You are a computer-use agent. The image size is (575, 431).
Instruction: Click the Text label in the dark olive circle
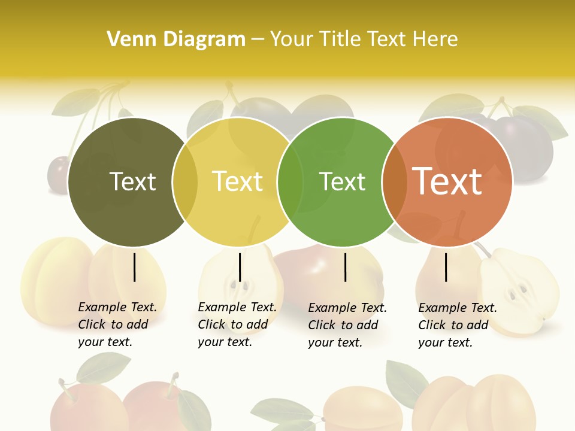132,181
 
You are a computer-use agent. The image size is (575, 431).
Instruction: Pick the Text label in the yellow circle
237,181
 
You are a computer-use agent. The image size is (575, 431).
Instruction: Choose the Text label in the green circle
342,181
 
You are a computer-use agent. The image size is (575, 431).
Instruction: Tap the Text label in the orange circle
447,181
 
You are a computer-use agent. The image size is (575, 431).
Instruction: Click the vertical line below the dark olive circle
135,267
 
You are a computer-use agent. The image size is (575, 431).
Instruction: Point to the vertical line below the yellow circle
240,267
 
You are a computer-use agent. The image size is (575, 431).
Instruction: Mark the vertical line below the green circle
346,267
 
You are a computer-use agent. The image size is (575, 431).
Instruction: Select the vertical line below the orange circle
446,267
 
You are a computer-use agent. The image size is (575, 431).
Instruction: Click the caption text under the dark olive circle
117,324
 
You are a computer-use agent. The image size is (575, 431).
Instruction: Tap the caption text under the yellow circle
237,324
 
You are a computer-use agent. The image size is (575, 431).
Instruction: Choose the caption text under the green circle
347,325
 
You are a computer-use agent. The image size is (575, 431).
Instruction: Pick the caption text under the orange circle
457,325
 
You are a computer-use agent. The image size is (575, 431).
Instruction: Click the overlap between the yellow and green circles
290,181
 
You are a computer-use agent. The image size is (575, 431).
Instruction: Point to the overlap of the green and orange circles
395,181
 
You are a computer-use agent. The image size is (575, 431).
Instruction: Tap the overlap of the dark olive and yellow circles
185,181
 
